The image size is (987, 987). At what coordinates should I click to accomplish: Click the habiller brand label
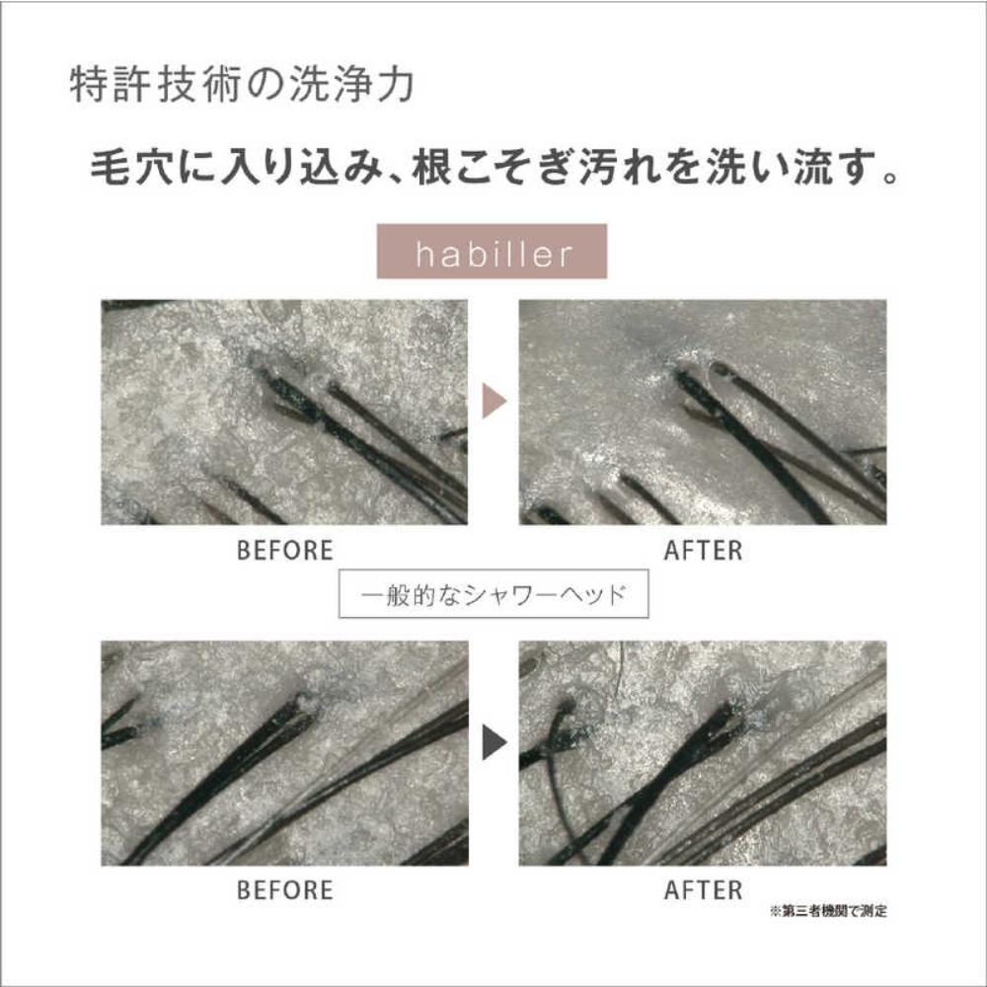[x=492, y=251]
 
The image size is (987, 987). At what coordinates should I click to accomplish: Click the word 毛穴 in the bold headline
[x=131, y=168]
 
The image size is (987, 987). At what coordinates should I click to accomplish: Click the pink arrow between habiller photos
[x=494, y=401]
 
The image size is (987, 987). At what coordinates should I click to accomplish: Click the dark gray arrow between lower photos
[x=494, y=743]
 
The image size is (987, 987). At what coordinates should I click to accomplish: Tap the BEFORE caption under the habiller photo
[x=284, y=550]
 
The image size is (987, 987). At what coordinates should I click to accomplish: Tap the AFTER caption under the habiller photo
[x=703, y=550]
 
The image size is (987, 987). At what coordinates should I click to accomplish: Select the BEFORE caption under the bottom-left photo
[x=284, y=890]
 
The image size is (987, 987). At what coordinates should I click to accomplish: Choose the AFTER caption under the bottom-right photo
[x=703, y=890]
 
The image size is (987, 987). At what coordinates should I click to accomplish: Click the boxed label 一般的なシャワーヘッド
[x=493, y=593]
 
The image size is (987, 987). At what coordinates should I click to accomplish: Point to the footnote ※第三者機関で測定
[x=828, y=911]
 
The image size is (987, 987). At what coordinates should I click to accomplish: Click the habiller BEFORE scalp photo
[x=284, y=413]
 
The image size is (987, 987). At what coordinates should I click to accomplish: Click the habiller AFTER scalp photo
[x=703, y=413]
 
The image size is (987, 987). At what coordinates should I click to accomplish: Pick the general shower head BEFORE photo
[x=284, y=753]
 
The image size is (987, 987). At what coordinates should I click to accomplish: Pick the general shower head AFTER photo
[x=703, y=753]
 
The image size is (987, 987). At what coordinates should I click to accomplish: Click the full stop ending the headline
[x=890, y=177]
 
